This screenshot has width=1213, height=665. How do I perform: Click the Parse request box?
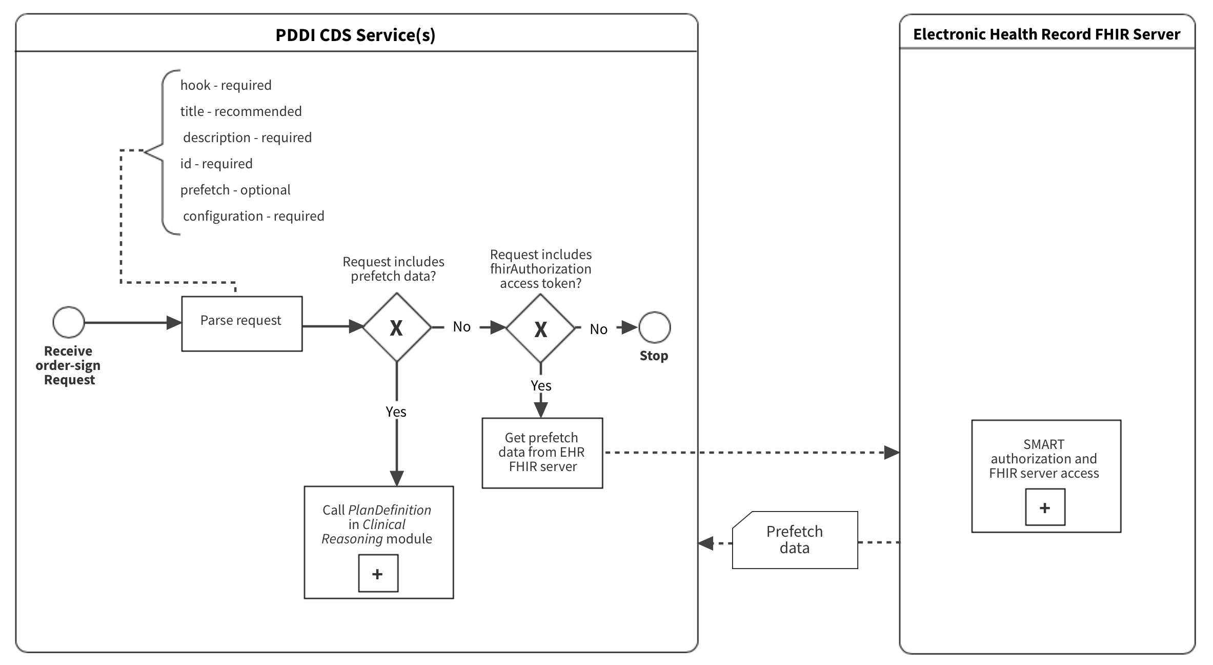241,323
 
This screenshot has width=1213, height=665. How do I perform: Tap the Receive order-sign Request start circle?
68,322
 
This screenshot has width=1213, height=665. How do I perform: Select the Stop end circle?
654,327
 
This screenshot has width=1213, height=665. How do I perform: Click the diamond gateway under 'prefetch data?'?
397,327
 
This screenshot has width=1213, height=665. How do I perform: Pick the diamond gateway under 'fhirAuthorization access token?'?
540,329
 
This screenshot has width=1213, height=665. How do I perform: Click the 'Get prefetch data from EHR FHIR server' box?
542,453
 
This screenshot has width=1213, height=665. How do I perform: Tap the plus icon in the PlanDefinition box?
378,574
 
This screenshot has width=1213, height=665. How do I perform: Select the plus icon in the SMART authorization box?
1045,507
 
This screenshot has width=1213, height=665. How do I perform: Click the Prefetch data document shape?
795,540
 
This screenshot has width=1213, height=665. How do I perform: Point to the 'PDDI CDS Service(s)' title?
355,35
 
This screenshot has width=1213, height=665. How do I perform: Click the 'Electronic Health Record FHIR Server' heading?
1046,34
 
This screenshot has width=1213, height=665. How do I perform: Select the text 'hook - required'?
226,85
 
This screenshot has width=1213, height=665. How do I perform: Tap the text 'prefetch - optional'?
235,190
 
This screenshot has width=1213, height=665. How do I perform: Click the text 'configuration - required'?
253,216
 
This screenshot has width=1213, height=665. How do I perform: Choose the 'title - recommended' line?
241,111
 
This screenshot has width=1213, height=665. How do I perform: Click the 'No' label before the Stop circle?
598,329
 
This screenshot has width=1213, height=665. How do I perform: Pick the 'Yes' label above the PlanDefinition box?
396,412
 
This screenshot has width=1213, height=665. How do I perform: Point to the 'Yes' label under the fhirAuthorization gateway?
541,386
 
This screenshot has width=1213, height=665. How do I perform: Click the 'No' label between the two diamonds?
461,327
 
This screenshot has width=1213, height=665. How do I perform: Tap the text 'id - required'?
216,164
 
